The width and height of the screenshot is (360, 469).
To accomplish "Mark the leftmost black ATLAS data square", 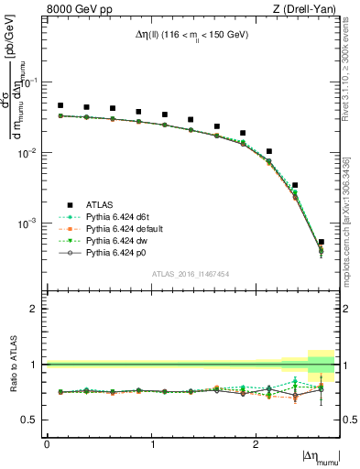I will [60, 105].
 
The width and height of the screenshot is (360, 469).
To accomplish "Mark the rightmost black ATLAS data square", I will [321, 243].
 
